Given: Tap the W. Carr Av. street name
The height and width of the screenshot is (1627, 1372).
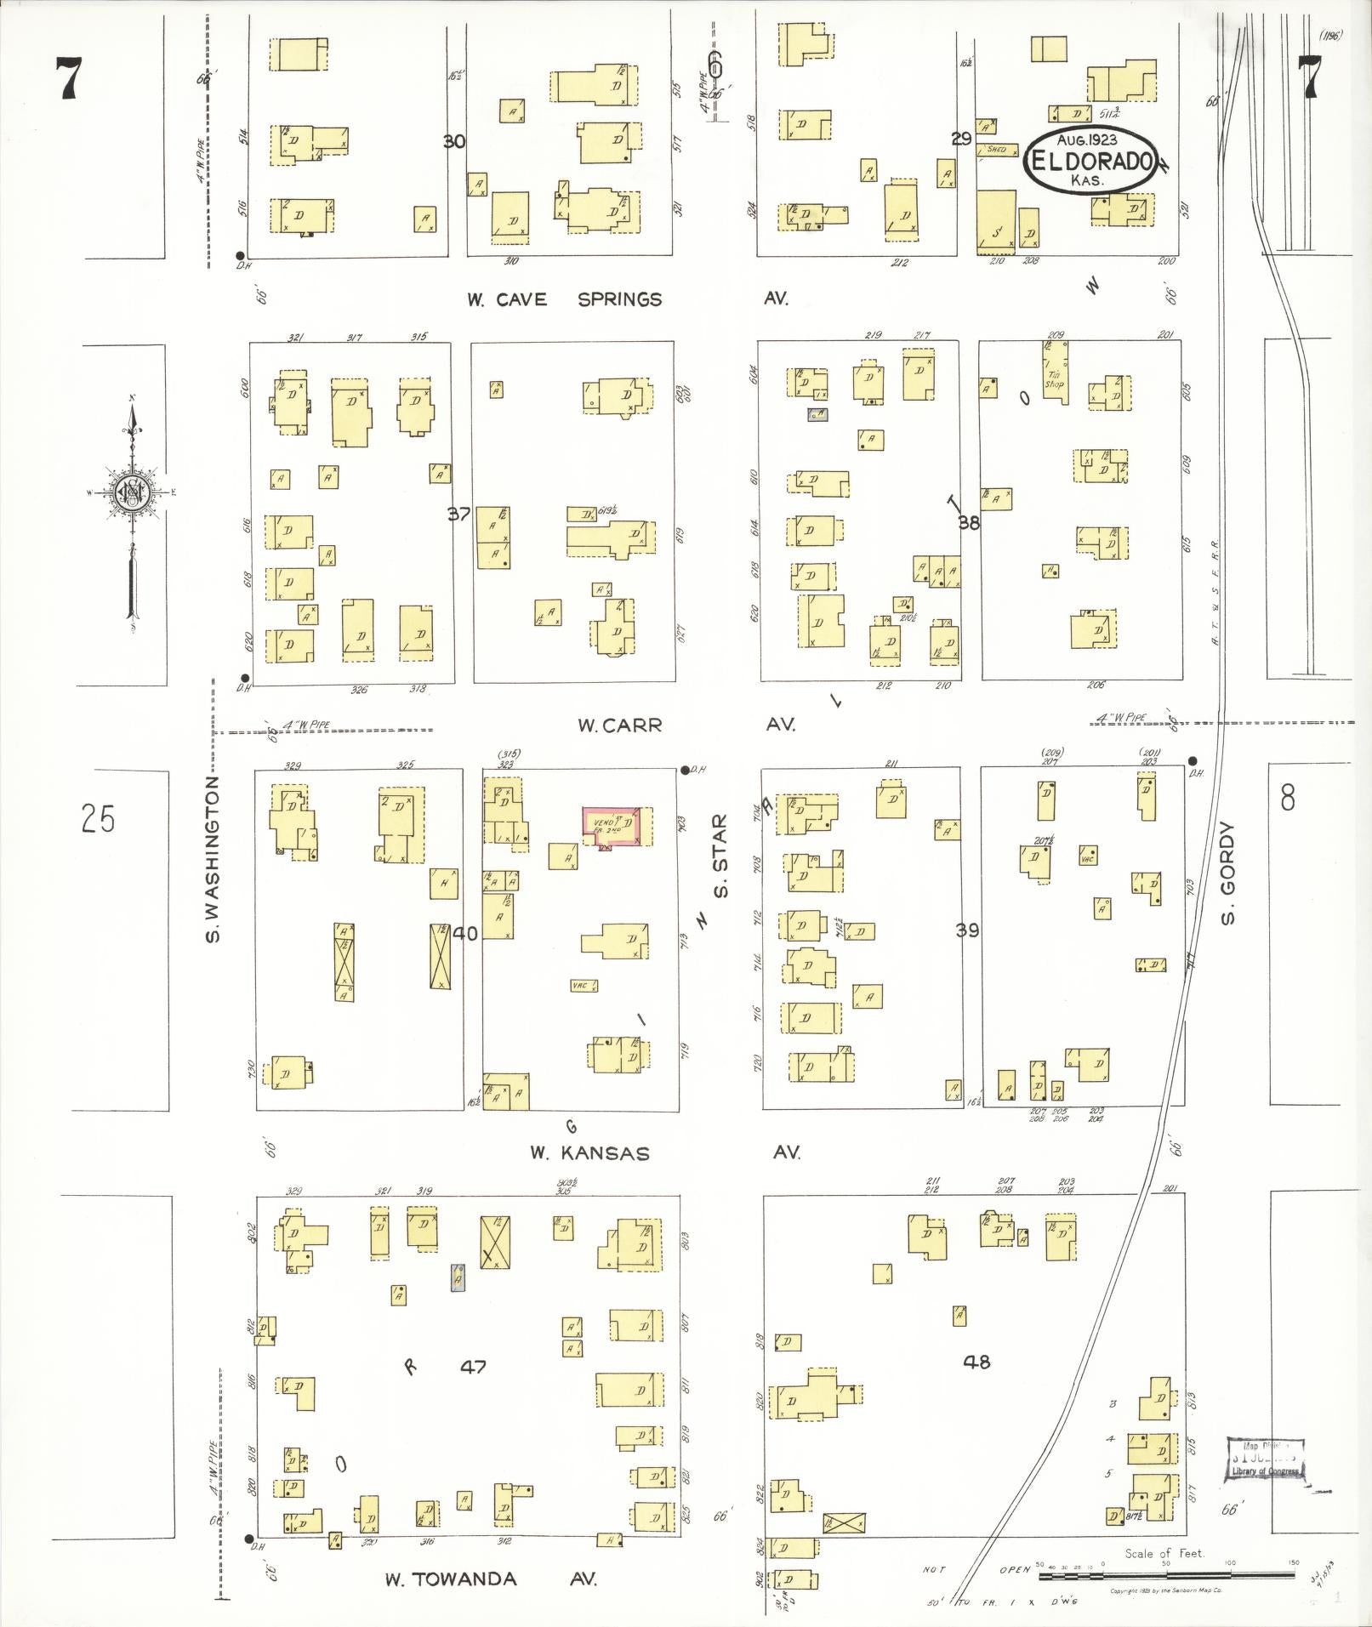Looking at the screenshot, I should pyautogui.click(x=685, y=725).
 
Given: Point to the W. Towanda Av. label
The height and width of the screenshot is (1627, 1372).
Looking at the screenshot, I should pyautogui.click(x=490, y=1579).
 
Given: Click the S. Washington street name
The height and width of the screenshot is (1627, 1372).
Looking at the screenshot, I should pyautogui.click(x=214, y=859).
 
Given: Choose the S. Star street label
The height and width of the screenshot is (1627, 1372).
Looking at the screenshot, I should pyautogui.click(x=721, y=856).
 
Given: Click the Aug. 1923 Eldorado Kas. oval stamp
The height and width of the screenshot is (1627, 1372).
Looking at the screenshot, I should pyautogui.click(x=1088, y=159).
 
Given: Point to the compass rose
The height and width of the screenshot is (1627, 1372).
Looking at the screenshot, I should pyautogui.click(x=133, y=492).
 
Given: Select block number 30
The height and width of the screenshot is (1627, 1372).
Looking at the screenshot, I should pyautogui.click(x=454, y=141).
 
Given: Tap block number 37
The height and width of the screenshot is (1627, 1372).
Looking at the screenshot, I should pyautogui.click(x=459, y=514).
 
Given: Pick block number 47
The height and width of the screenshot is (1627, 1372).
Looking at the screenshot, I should pyautogui.click(x=473, y=1367).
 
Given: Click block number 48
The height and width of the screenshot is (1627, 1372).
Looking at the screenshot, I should pyautogui.click(x=976, y=1362).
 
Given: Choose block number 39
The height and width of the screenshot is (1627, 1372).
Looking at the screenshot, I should pyautogui.click(x=967, y=930).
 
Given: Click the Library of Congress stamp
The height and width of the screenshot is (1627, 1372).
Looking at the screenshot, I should pyautogui.click(x=1265, y=1460).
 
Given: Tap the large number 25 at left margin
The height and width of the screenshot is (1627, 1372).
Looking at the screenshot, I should pyautogui.click(x=98, y=820).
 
